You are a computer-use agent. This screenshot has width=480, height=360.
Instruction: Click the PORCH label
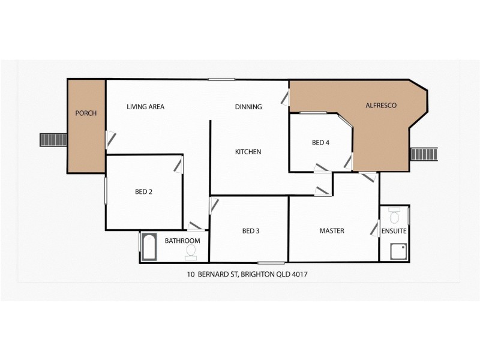click(86, 113)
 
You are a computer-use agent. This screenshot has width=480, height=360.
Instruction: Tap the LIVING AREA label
click(145, 107)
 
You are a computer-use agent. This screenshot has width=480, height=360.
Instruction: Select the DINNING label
click(248, 107)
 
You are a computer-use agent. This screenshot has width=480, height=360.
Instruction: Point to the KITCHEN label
click(248, 152)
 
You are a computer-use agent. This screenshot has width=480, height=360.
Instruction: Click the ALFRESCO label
click(381, 106)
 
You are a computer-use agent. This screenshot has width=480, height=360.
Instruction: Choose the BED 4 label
click(320, 143)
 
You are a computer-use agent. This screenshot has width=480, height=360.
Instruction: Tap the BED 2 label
click(143, 193)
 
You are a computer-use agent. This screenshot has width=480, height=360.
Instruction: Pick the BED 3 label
click(251, 231)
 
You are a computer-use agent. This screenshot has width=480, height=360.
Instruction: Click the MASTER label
click(331, 231)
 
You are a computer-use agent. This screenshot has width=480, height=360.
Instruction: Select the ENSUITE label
click(394, 231)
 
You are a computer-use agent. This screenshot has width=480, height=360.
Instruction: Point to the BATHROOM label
click(182, 241)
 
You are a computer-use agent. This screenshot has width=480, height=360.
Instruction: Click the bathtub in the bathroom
click(149, 247)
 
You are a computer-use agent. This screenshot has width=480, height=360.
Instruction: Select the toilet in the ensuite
click(395, 215)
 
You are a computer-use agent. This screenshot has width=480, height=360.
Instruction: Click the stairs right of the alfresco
click(425, 154)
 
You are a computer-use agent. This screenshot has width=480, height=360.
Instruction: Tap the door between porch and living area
click(108, 139)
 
